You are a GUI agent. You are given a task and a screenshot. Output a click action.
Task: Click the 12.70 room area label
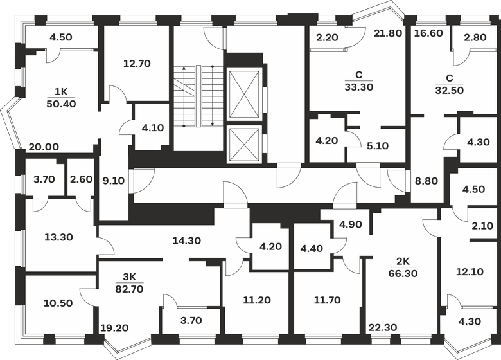click(136, 63)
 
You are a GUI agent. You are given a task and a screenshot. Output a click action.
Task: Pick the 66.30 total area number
click(403, 273)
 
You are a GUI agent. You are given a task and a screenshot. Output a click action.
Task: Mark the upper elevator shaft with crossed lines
click(244, 94)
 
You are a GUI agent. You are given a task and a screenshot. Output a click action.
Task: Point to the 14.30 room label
click(187, 241)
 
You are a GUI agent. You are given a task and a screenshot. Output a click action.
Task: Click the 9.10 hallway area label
click(114, 181)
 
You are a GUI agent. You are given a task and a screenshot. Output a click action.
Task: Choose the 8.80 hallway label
click(426, 181)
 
